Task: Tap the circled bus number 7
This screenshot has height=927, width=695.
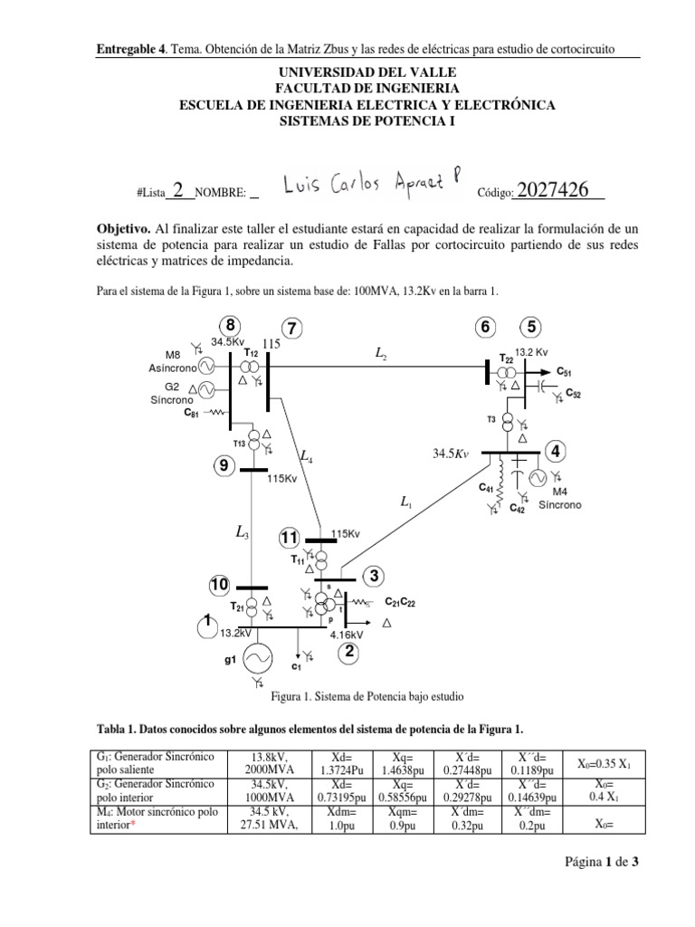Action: coord(291,327)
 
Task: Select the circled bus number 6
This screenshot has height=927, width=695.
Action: coord(487,327)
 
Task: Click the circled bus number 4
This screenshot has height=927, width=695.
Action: coord(556,451)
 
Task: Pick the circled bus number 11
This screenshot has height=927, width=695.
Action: coord(289,539)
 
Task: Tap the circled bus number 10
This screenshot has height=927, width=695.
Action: coord(220,586)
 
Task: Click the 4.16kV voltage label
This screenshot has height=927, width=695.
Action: coord(347,635)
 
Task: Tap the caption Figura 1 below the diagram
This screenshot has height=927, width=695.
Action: coord(367,698)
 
